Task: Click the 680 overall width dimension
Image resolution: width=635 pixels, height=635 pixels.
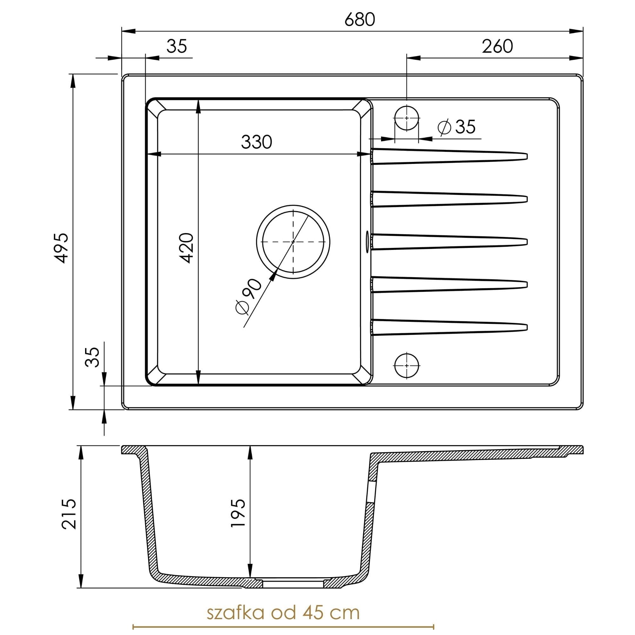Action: coord(360,20)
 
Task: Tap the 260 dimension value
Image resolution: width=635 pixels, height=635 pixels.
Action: coord(497,46)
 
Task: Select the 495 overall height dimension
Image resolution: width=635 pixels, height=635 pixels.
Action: coord(62,248)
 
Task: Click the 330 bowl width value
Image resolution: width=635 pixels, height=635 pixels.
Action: coord(256,142)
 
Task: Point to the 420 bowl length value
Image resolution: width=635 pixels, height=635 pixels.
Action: coord(187,248)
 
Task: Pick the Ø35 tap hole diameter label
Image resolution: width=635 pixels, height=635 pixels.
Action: coord(457,127)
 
